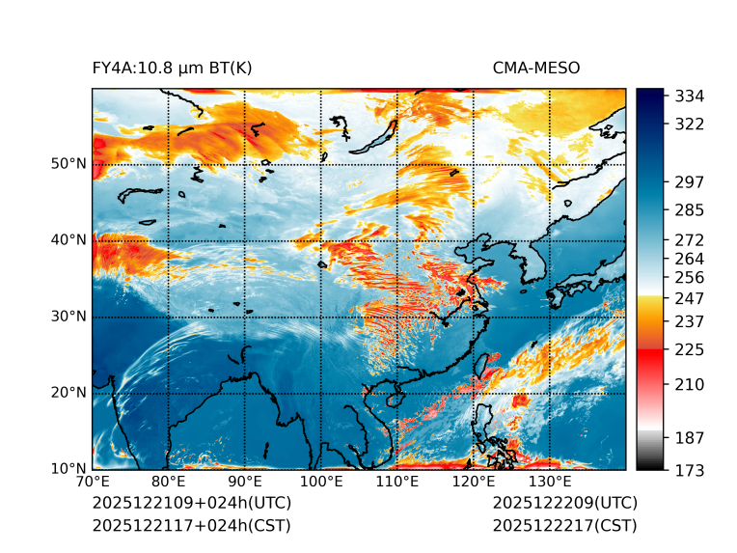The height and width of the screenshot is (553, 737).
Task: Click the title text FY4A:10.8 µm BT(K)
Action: tap(172, 68)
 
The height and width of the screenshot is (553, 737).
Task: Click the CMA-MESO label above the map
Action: tap(536, 68)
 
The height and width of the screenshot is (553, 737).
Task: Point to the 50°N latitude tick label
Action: tap(68, 164)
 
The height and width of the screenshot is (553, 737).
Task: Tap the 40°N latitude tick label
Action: tap(68, 240)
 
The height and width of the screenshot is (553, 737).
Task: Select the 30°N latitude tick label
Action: tap(68, 317)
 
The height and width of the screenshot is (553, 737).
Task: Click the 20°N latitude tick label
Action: tap(68, 393)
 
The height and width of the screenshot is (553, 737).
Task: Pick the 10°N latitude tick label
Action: tap(68, 469)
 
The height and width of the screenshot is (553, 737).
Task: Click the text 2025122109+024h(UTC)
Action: tap(191, 504)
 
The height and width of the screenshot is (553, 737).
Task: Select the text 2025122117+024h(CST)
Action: tap(191, 525)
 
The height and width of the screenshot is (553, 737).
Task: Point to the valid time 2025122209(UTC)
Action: tap(564, 504)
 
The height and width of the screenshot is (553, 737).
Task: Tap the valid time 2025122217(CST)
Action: tap(564, 525)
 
